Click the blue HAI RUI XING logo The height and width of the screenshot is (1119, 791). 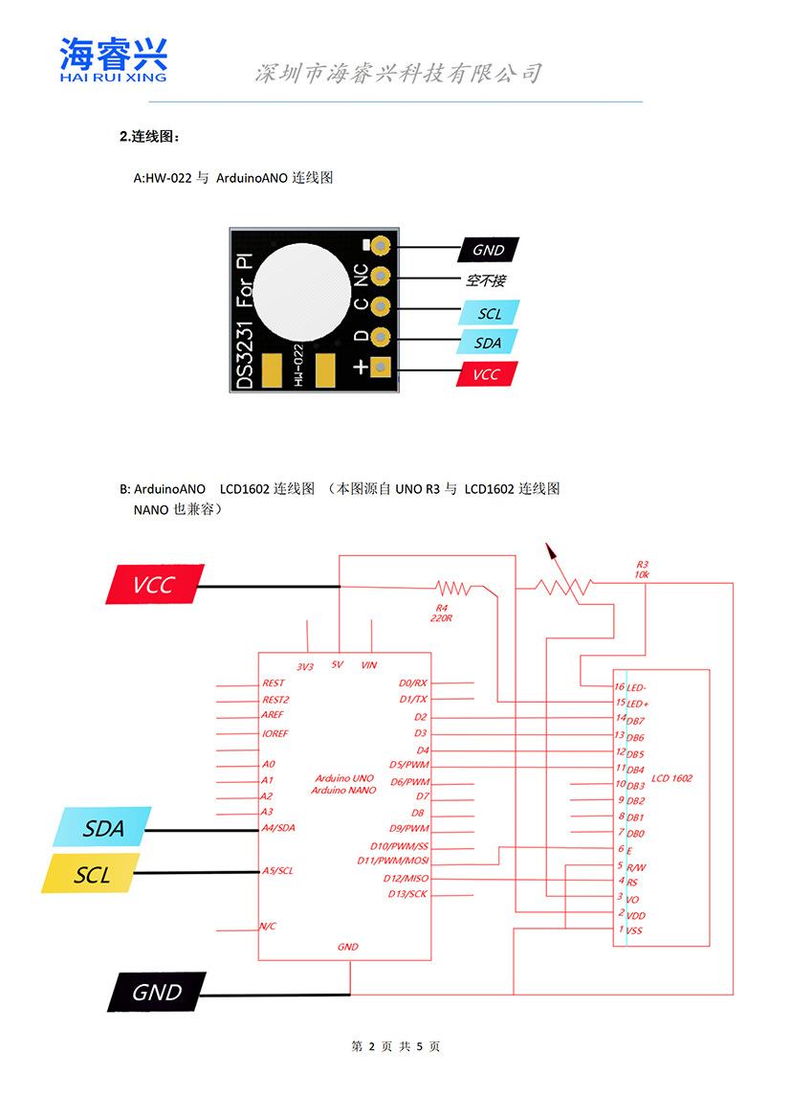(x=113, y=59)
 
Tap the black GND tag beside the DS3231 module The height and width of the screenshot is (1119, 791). (x=489, y=250)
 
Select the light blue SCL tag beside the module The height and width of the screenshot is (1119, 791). (x=489, y=313)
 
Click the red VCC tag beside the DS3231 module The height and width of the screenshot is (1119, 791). (x=488, y=373)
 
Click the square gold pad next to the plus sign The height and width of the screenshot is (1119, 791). (x=381, y=367)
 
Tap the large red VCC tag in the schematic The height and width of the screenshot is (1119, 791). (x=154, y=584)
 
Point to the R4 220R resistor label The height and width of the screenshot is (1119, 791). (x=441, y=613)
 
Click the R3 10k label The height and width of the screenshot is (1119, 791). (x=641, y=569)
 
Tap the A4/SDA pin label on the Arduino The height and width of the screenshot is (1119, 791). (x=278, y=828)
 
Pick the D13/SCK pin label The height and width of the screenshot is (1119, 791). (x=408, y=894)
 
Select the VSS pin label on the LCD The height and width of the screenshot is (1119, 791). (x=634, y=930)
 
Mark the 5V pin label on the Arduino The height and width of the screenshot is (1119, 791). (x=337, y=664)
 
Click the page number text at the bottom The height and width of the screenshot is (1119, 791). (x=396, y=1047)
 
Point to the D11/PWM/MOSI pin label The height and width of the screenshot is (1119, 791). (x=400, y=862)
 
